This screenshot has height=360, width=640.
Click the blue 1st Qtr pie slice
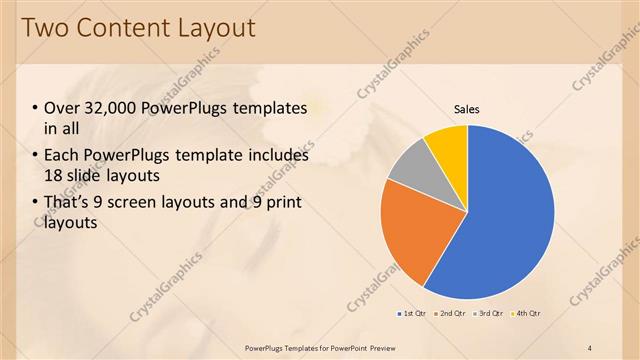pyautogui.click(x=510, y=220)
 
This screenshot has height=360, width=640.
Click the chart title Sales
pyautogui.click(x=468, y=108)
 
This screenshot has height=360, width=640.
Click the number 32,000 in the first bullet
pyautogui.click(x=110, y=108)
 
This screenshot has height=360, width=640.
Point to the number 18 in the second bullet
pyautogui.click(x=54, y=175)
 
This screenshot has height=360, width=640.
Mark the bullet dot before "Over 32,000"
pyautogui.click(x=35, y=109)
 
